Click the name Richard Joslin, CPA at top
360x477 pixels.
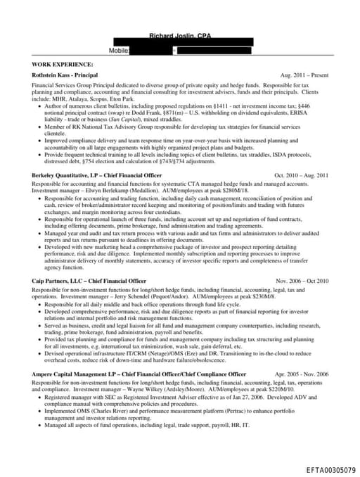180,36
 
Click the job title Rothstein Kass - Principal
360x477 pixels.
65,75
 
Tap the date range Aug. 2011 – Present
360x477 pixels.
304,75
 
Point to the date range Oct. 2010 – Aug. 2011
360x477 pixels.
301,174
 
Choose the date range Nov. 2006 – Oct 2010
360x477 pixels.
302,281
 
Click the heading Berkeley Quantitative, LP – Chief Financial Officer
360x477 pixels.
97,174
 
